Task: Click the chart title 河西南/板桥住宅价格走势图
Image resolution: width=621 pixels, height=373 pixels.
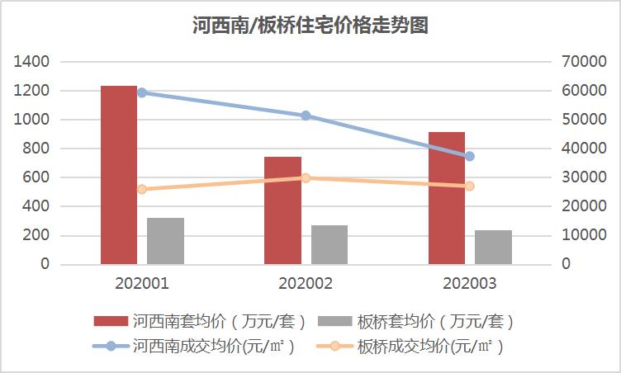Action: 310,26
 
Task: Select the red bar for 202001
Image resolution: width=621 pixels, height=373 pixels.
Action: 119,175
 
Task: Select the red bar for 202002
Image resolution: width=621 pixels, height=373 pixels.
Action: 282,210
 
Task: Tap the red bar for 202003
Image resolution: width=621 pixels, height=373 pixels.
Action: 447,198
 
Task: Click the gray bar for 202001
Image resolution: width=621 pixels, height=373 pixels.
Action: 165,241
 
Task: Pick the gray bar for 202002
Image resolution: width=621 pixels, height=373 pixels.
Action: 329,244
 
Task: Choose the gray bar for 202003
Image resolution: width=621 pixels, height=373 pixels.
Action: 493,247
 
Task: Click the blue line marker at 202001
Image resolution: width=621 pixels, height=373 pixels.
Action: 142,92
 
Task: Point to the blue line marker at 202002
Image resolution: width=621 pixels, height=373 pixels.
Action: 306,116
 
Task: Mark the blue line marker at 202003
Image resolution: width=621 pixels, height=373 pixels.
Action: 470,156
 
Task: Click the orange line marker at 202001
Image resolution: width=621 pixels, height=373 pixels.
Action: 142,189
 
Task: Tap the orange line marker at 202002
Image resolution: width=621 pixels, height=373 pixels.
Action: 306,177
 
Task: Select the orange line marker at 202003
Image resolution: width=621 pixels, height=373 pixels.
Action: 470,186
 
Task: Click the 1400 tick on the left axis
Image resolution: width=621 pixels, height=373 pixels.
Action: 31,62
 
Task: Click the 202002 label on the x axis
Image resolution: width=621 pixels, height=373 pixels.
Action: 306,285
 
